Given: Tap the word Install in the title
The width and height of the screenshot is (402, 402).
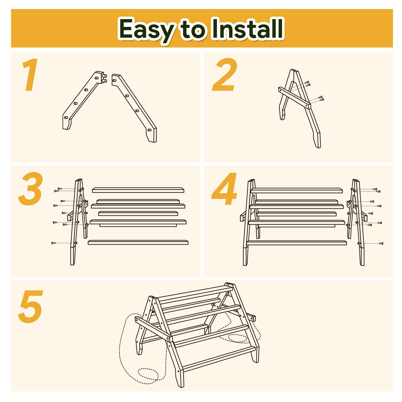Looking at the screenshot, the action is coord(247,28).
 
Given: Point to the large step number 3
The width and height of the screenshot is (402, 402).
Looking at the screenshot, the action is coord(30,189).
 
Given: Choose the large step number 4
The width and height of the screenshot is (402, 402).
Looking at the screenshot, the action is coord(224,189).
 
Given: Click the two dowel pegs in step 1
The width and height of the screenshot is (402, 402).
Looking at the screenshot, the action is coord(104,78).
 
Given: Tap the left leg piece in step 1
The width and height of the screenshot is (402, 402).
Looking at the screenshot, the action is coord(83,100).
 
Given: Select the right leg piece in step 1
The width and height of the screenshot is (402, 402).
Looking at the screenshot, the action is coord(134,108).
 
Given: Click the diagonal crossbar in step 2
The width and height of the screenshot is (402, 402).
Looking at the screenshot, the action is coord(294,98).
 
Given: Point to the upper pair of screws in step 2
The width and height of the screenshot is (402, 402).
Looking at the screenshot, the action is coord(307,83).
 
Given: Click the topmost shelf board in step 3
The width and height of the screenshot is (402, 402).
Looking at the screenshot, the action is coord(138,190).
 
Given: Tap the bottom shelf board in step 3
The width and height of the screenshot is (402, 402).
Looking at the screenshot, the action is coord(138,242).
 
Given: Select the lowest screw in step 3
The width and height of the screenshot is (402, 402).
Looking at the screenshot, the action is coord(54,243).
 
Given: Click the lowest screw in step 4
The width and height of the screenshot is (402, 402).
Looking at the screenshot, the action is coord(381,243).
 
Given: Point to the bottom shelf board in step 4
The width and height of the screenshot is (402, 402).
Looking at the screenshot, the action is coord(297,243).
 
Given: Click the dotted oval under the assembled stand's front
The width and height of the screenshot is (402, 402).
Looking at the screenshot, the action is coord(148,376).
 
